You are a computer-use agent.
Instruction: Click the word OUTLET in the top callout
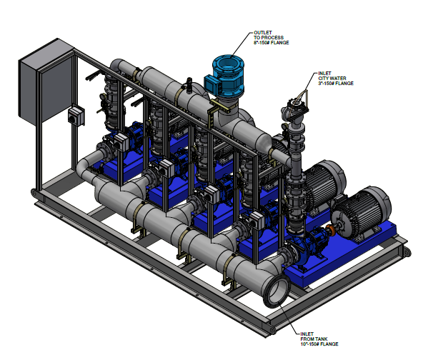(262, 33)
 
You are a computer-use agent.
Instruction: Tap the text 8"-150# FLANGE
(271, 43)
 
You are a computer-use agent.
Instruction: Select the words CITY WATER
(332, 79)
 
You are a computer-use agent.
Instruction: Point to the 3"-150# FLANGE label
(336, 84)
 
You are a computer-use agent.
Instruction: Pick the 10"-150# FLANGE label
(319, 344)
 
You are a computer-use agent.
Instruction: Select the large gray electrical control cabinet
(46, 83)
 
